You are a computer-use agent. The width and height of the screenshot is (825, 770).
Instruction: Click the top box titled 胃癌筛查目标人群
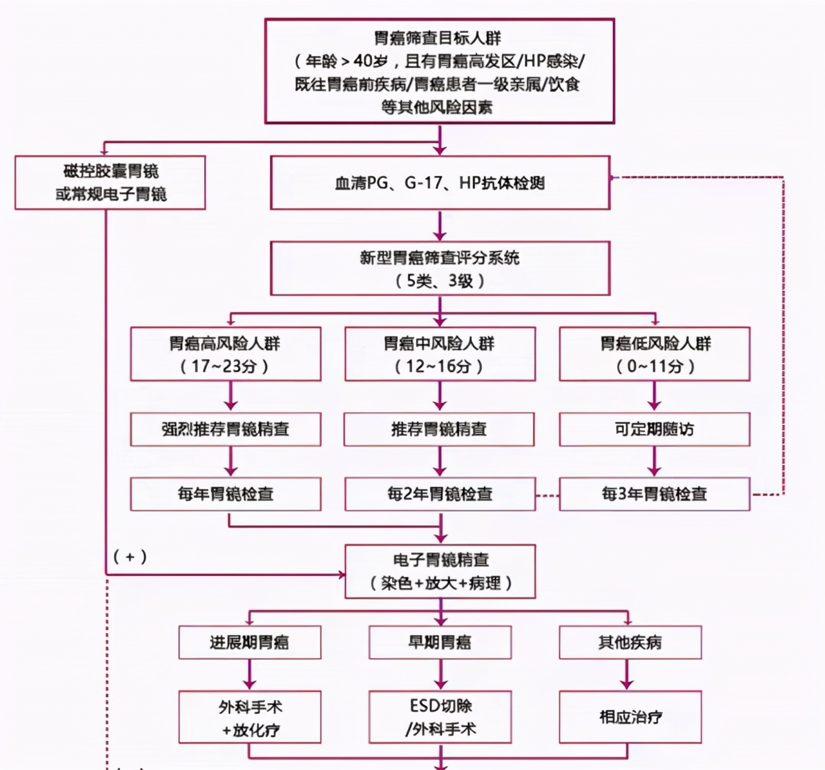tap(440, 71)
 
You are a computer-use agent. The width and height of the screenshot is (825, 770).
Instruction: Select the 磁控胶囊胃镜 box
tap(110, 183)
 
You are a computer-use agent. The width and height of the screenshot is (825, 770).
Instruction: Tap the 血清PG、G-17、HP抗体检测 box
tap(440, 183)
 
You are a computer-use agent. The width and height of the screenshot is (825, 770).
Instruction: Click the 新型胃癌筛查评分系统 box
tap(440, 268)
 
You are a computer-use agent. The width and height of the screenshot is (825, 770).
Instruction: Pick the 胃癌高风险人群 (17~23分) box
tap(225, 354)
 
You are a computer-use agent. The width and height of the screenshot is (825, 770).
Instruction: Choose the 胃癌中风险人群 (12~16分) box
tap(440, 354)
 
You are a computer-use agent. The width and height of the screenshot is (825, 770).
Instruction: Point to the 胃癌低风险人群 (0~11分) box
tap(654, 354)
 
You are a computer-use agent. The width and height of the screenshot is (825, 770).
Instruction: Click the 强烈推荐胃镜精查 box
tap(225, 429)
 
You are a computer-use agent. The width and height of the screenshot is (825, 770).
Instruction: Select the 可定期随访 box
tap(654, 429)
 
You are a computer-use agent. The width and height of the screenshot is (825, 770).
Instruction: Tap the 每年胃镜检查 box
tap(225, 495)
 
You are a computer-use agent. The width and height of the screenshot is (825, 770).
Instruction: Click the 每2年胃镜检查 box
tap(440, 495)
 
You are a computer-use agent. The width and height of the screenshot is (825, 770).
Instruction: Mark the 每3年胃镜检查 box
tap(654, 495)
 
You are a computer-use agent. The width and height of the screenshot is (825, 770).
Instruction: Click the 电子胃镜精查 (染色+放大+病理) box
tap(440, 571)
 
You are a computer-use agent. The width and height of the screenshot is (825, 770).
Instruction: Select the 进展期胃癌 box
tap(249, 642)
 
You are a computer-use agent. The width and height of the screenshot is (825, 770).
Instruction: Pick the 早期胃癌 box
tap(440, 642)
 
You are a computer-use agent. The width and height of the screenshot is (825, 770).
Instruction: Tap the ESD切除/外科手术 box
tap(440, 717)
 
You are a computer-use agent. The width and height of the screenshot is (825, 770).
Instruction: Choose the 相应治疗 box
tap(630, 717)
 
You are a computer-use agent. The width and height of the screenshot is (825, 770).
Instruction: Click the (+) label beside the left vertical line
tap(130, 557)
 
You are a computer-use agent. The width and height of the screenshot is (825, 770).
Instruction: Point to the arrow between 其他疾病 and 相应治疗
tap(627, 675)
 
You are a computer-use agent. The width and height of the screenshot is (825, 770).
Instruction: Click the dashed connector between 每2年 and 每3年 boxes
tap(547, 495)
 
